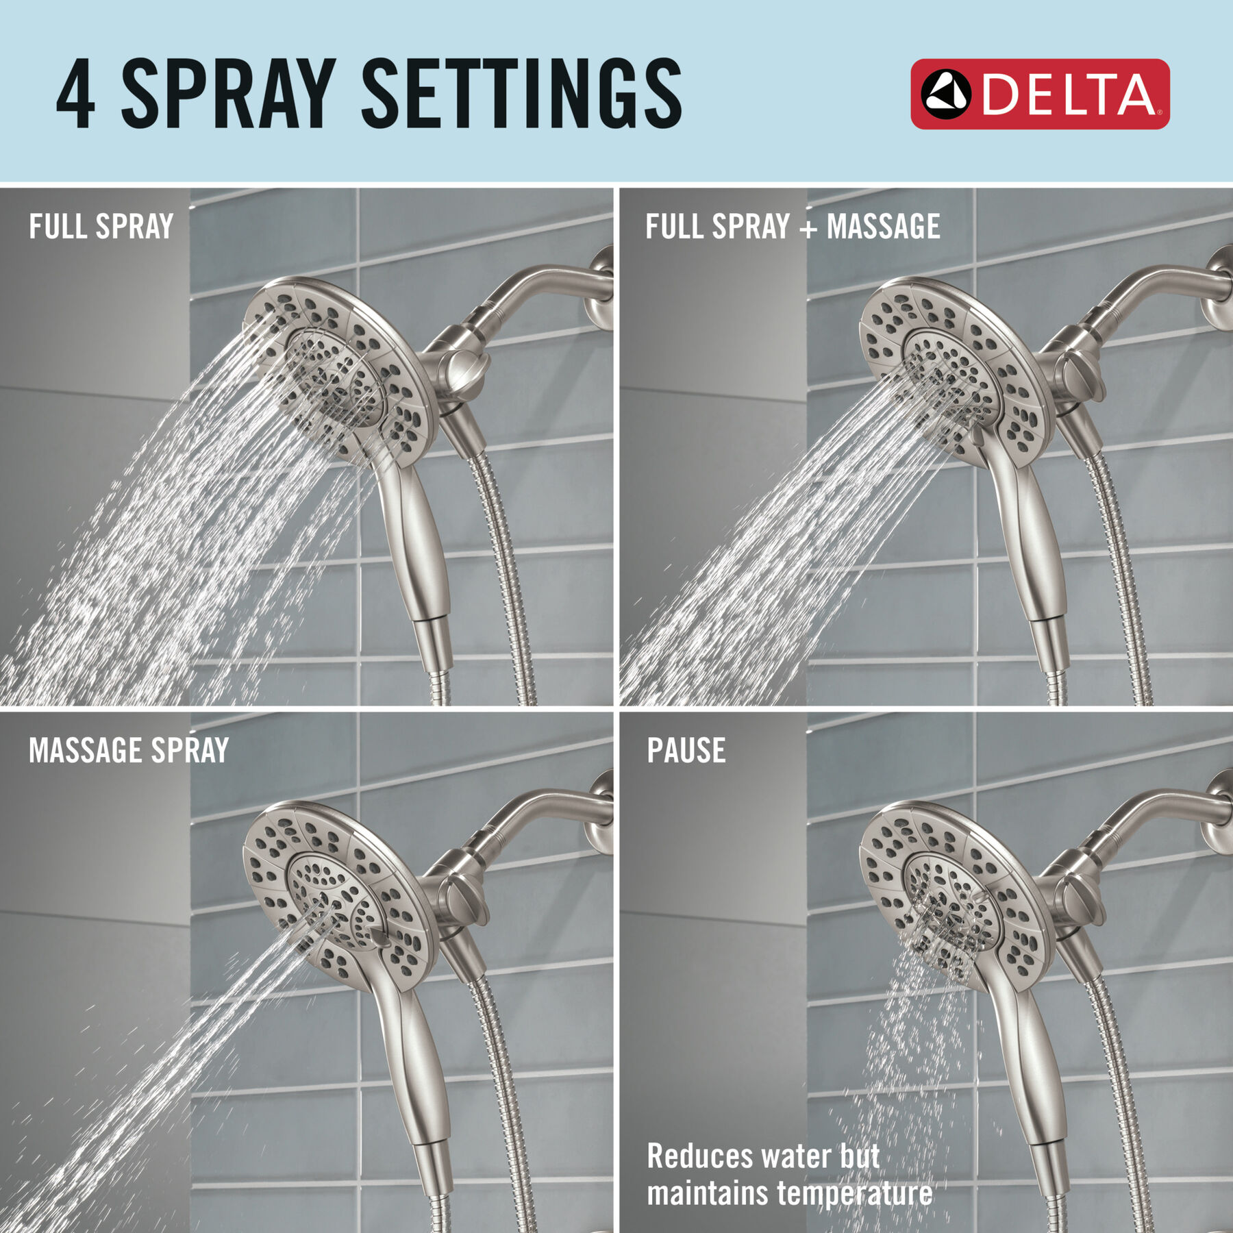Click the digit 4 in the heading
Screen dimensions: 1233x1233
click(x=76, y=94)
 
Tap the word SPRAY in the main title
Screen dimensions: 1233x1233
click(x=228, y=94)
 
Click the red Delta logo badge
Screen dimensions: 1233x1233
click(x=1039, y=94)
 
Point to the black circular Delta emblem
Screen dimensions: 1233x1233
click(x=945, y=94)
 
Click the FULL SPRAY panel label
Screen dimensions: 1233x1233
click(x=101, y=227)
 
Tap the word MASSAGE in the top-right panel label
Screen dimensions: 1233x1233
click(x=883, y=227)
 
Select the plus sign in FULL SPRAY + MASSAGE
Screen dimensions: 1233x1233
click(x=808, y=228)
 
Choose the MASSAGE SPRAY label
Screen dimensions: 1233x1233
click(x=129, y=751)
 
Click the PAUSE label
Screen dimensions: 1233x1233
click(x=686, y=751)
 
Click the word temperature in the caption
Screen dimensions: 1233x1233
click(x=854, y=1193)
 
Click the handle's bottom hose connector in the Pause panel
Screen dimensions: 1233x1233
click(x=1051, y=1178)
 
